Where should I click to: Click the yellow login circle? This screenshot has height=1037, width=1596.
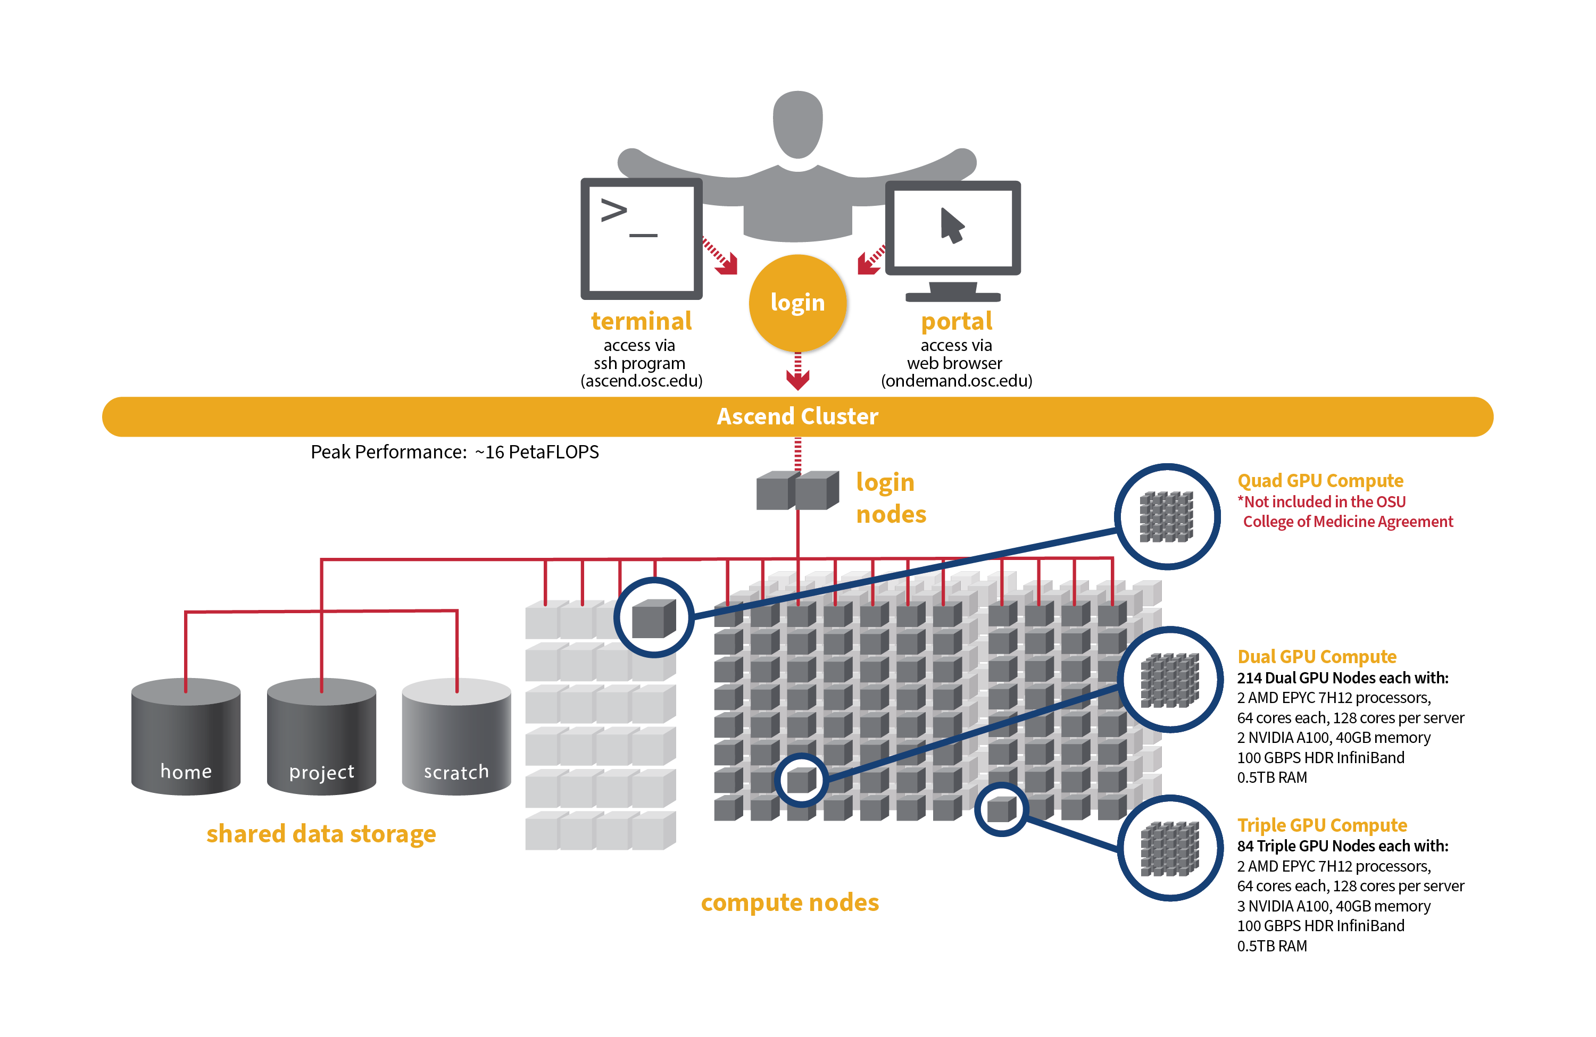(x=797, y=303)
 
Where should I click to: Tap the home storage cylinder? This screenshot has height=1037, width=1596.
(x=186, y=738)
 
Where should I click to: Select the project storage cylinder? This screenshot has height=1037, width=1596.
(x=321, y=738)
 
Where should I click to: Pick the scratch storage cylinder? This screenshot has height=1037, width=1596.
(x=456, y=738)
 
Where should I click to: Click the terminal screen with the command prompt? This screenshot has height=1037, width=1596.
(x=641, y=239)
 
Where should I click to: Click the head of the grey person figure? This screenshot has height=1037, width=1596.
(x=797, y=124)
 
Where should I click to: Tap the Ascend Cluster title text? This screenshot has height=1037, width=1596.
(x=797, y=416)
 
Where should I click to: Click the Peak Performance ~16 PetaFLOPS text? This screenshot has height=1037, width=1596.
(x=455, y=452)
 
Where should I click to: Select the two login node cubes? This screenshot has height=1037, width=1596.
(x=797, y=490)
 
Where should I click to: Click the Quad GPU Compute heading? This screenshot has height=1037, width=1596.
(x=1320, y=481)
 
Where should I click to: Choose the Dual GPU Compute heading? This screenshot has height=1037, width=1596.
(x=1316, y=656)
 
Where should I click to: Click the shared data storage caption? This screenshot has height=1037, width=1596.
(x=321, y=833)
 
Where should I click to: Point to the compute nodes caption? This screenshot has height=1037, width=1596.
(x=789, y=902)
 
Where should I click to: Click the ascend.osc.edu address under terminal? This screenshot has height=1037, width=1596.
(x=641, y=381)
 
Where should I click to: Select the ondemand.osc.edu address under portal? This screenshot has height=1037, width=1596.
(x=956, y=381)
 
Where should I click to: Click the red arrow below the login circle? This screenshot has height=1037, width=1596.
(x=797, y=373)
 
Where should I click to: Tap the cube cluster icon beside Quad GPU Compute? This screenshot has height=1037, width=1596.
(x=1167, y=517)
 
